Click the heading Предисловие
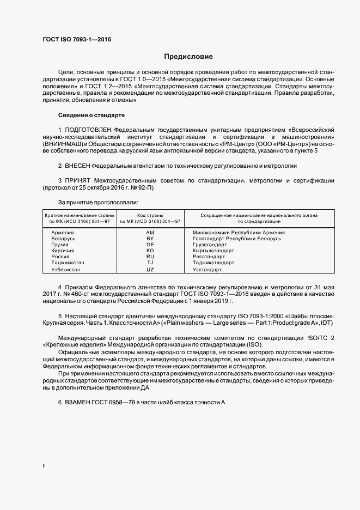click(x=189, y=57)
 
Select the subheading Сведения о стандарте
click(x=91, y=116)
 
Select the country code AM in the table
click(x=151, y=233)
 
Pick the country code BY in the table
click(x=151, y=239)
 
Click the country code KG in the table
click(x=151, y=251)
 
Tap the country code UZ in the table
click(x=151, y=270)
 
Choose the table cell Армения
click(x=62, y=233)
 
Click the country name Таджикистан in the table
click(x=68, y=262)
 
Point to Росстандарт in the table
click(x=209, y=256)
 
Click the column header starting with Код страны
click(x=150, y=218)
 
